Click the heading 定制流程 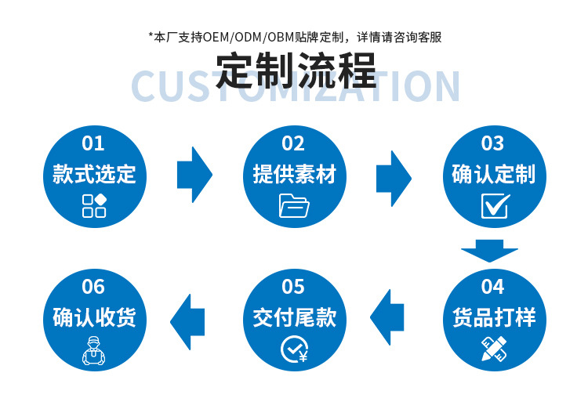[x=296, y=71]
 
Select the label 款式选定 [x=94, y=174]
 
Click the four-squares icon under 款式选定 [x=94, y=204]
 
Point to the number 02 [x=293, y=143]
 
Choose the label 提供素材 [x=294, y=174]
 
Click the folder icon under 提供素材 [x=294, y=205]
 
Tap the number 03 [x=492, y=143]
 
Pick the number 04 [x=492, y=287]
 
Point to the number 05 [x=293, y=287]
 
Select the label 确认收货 [x=94, y=317]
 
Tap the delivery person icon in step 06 [x=94, y=349]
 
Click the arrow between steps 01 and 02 [x=194, y=174]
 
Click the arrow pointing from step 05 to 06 [x=188, y=319]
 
